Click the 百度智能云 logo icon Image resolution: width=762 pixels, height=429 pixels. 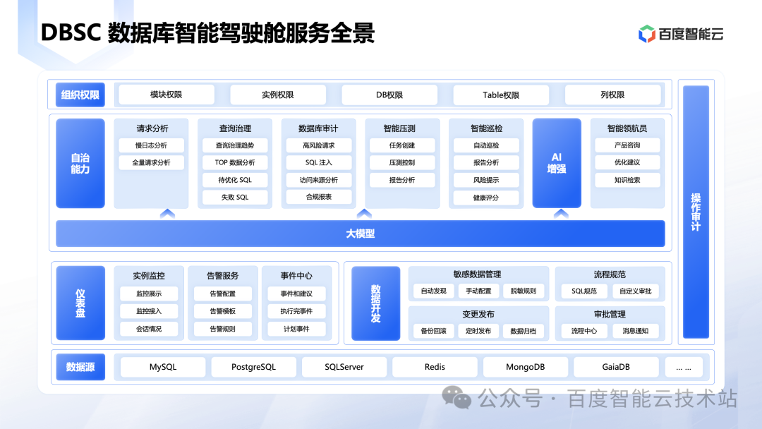point(646,34)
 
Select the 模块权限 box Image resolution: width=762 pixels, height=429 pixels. point(166,95)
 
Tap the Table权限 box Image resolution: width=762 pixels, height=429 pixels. point(501,95)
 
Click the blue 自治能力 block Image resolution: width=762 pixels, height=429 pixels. point(80,163)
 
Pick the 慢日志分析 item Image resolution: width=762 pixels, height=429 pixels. point(152,145)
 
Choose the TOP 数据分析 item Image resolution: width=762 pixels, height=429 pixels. point(235,162)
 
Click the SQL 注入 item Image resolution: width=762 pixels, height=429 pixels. point(319,162)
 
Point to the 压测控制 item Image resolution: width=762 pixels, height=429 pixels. point(402,162)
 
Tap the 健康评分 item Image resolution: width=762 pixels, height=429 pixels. point(486,198)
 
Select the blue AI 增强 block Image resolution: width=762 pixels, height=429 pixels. point(557,163)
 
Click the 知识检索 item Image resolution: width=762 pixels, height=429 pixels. point(627,180)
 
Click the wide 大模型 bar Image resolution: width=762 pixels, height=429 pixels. point(361,234)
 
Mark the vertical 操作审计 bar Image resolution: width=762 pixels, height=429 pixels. point(696,212)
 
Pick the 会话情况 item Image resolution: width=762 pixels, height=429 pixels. point(149,329)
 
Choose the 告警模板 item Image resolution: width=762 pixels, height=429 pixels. point(223,311)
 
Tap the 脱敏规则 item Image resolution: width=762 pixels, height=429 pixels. point(524,291)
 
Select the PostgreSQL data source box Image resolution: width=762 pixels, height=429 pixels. point(254,367)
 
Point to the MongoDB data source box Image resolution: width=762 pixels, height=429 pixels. point(526,367)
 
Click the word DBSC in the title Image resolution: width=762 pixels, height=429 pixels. point(71,33)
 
